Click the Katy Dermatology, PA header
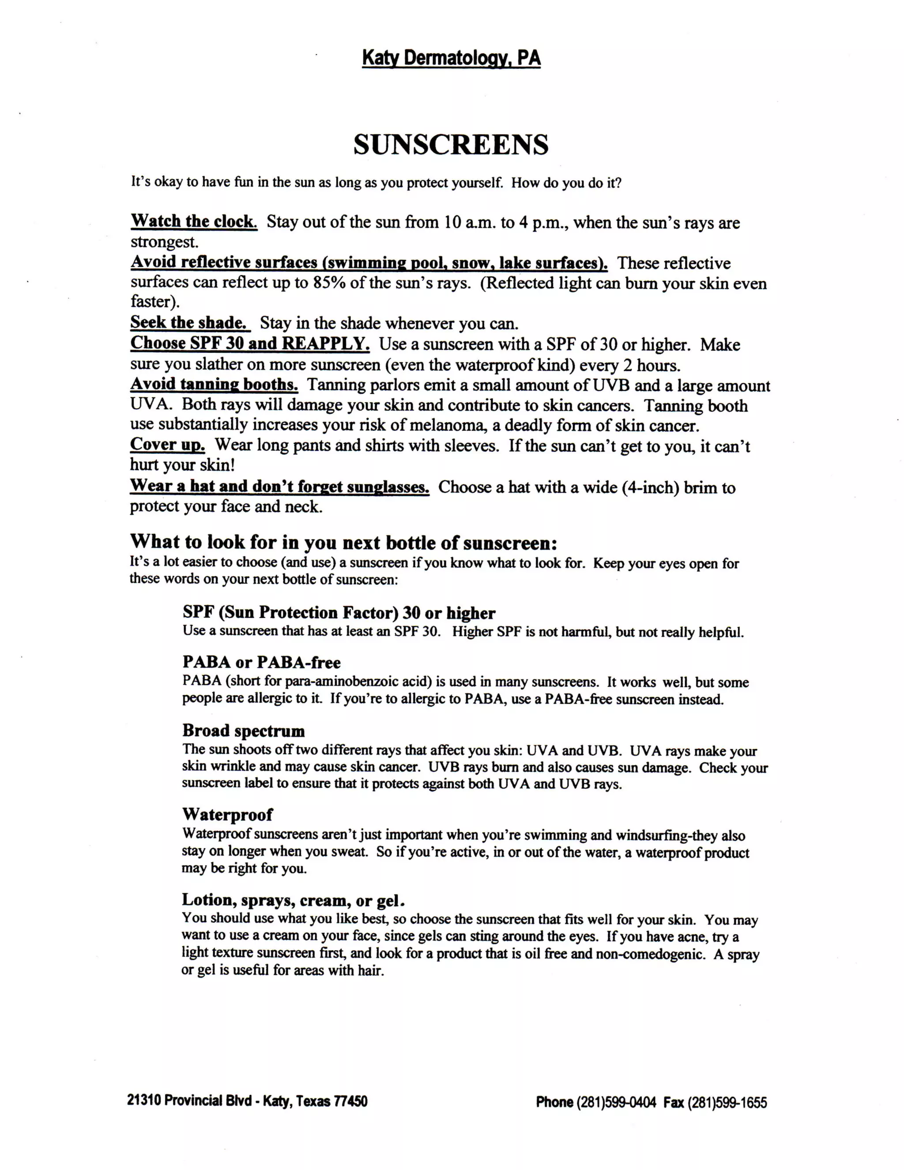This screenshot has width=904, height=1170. (451, 58)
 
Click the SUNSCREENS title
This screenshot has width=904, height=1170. (451, 145)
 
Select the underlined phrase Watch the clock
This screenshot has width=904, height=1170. (194, 221)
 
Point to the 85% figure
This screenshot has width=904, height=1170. (329, 283)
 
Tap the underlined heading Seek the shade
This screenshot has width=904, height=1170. (189, 322)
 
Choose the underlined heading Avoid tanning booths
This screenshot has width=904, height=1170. (214, 385)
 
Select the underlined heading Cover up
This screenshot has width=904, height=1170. (168, 445)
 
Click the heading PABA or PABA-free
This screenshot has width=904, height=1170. (261, 663)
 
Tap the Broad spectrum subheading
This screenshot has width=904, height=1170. (243, 731)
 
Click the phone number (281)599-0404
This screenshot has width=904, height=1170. (616, 1102)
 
